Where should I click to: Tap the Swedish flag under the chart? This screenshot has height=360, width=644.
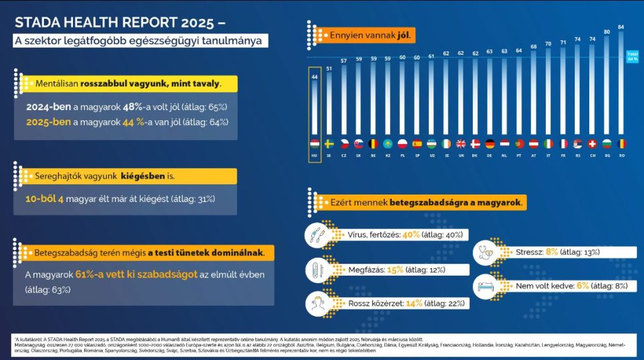(330, 143)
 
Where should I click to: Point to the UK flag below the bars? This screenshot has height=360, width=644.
(460, 143)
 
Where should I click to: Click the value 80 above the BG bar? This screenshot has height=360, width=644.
(607, 30)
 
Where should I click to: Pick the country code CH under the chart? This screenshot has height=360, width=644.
(591, 155)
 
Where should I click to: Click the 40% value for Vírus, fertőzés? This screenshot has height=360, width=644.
(411, 235)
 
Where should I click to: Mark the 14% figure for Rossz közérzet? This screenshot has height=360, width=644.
(414, 303)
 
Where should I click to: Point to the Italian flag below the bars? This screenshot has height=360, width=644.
(548, 143)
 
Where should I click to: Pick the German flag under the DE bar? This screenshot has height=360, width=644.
(489, 143)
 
